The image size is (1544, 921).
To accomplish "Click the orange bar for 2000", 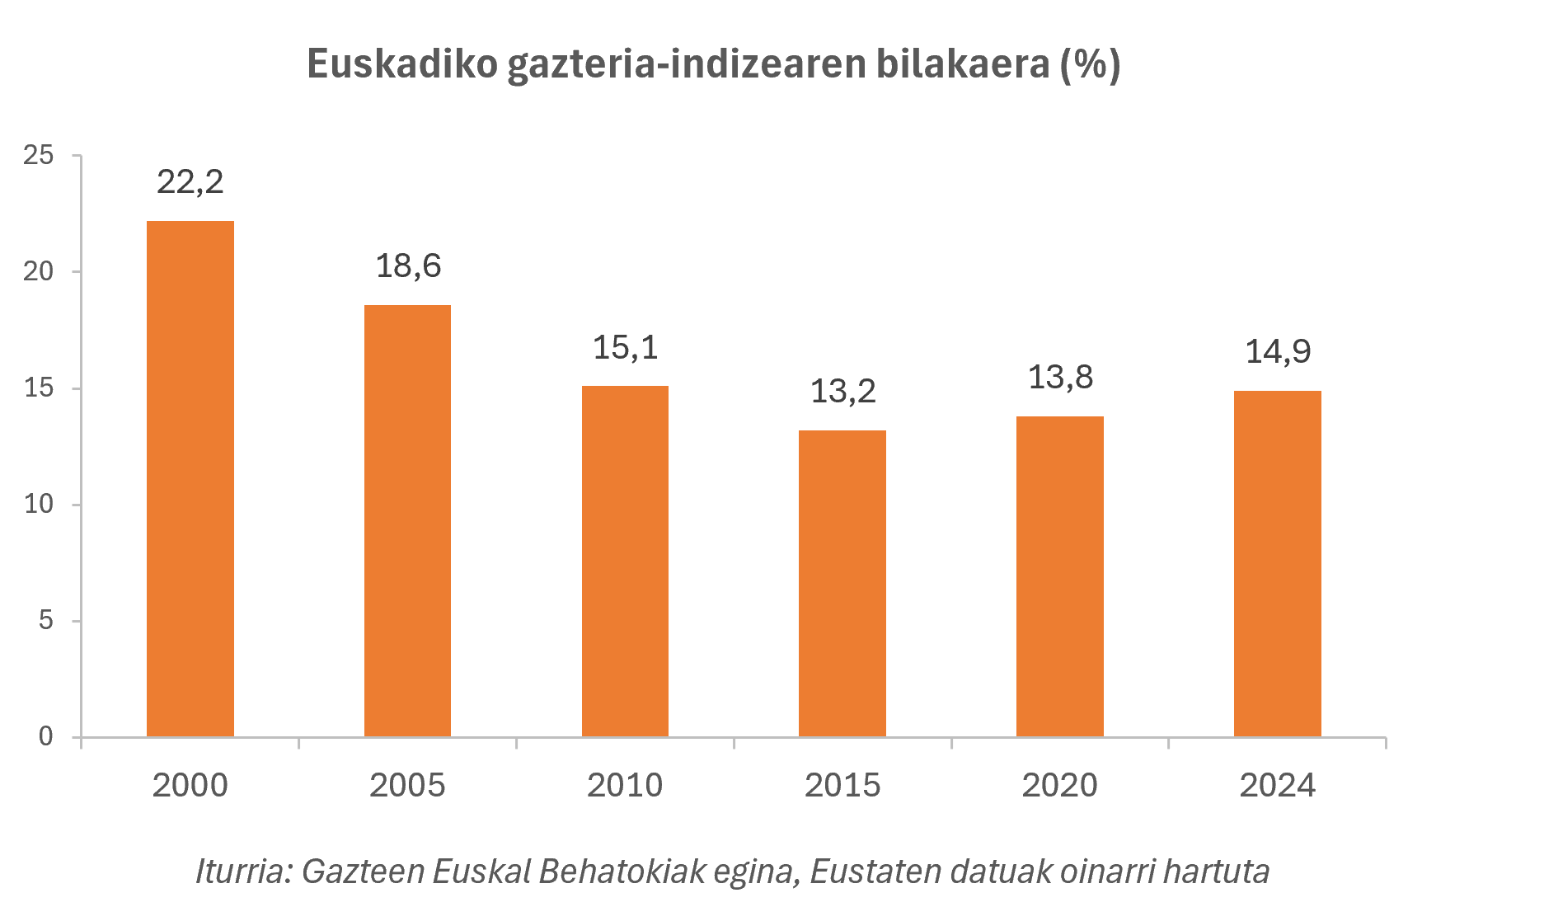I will point(190,478).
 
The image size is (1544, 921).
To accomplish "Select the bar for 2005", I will point(407,520).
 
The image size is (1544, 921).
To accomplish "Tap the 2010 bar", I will point(625,561).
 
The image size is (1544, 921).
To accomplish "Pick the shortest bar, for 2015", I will point(842,583).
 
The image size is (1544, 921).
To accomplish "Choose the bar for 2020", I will point(1060,576).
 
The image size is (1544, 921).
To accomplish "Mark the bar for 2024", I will point(1278,563).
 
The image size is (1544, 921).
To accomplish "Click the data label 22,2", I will point(190,182).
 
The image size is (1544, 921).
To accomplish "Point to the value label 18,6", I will point(408,266).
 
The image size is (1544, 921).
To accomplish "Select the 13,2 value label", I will point(842,391).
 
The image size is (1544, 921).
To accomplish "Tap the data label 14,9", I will point(1278,352).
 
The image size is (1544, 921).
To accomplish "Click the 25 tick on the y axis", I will point(39,155).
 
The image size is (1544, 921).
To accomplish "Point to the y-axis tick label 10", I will point(39,504).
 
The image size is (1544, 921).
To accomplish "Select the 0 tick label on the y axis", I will point(46,736).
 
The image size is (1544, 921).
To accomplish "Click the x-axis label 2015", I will point(842,785).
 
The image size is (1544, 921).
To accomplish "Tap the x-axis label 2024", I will point(1278,785).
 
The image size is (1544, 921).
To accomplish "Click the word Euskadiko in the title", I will point(402,64).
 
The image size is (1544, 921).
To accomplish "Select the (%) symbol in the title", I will point(1090,64).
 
